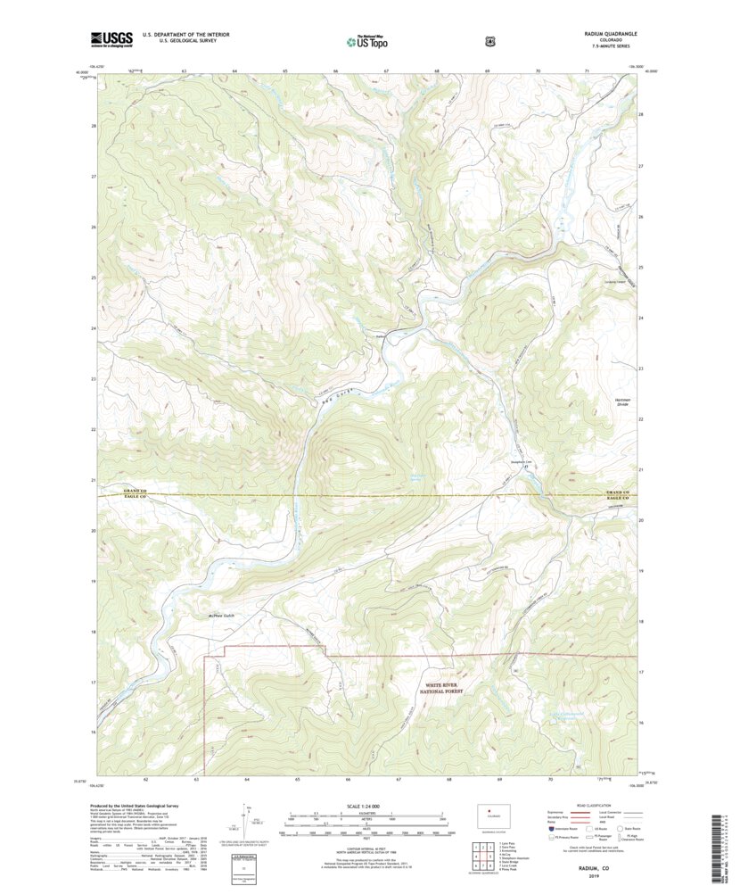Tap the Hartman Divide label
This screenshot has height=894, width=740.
pyautogui.click(x=622, y=401)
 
